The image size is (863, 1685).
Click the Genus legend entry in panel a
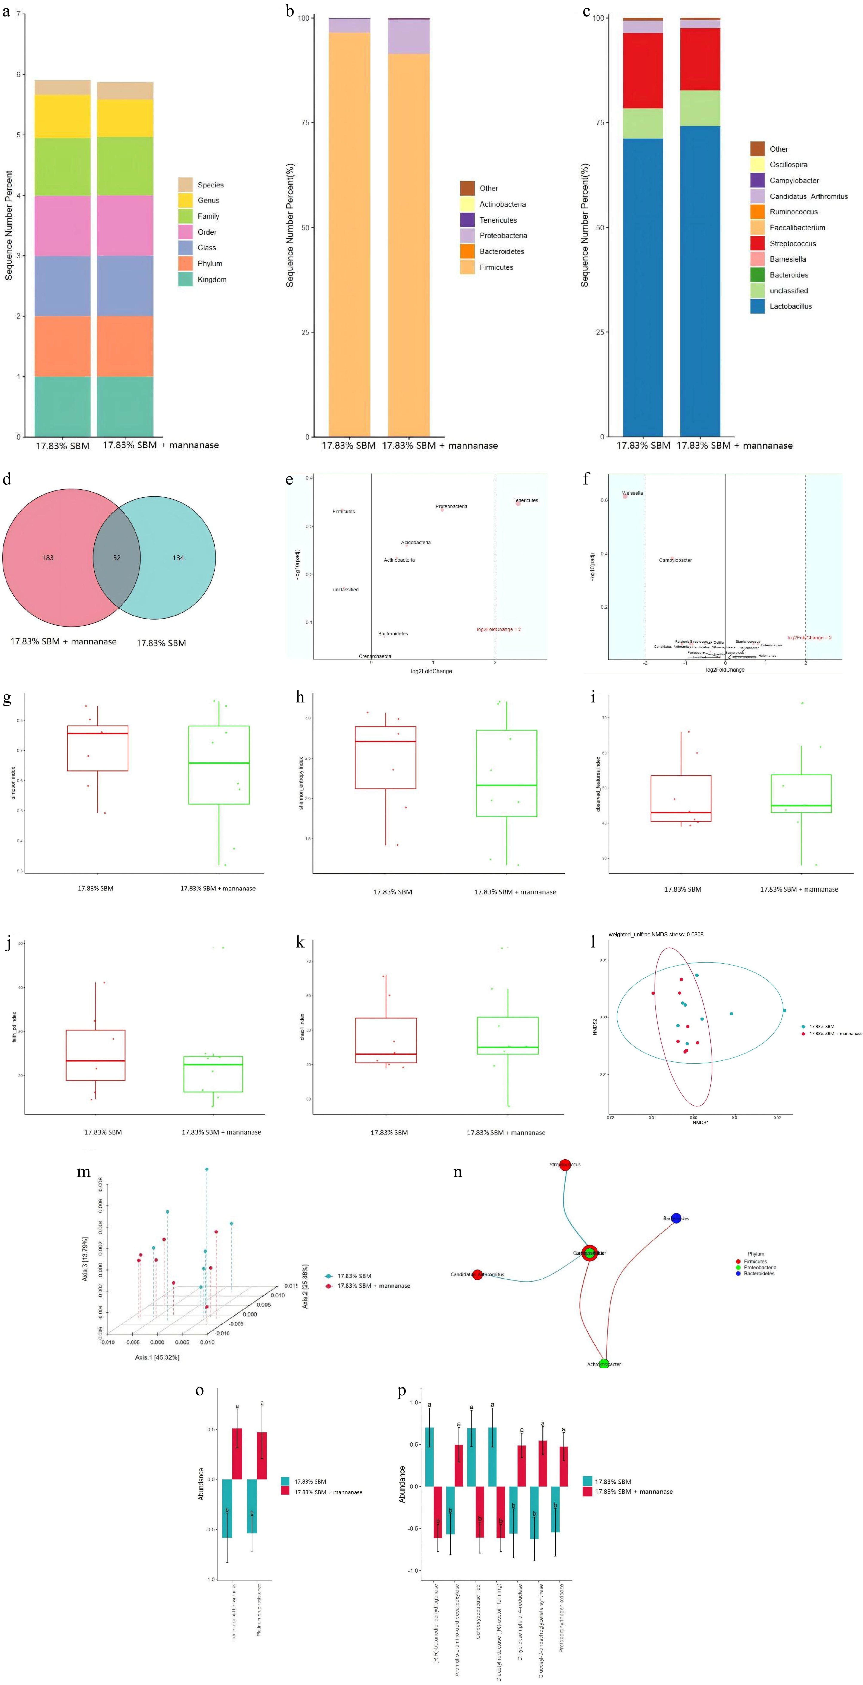coord(208,200)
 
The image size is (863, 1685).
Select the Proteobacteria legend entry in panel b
coord(503,236)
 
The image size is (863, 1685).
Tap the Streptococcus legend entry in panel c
coord(792,243)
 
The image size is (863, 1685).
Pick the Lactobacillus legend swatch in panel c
coord(757,306)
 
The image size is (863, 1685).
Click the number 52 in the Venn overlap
coord(116,558)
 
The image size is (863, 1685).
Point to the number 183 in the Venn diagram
coord(48,558)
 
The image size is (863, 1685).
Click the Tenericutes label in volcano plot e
coord(526,500)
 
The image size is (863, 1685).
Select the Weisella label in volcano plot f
coord(632,493)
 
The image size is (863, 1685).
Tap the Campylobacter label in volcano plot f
coord(675,560)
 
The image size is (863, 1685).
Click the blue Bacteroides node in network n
coord(676,1218)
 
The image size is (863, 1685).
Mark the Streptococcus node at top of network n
coord(565,1164)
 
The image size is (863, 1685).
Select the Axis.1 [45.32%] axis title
coord(157,1357)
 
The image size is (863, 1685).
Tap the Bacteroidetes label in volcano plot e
coord(393,634)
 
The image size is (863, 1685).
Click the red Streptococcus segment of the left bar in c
coord(643,71)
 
